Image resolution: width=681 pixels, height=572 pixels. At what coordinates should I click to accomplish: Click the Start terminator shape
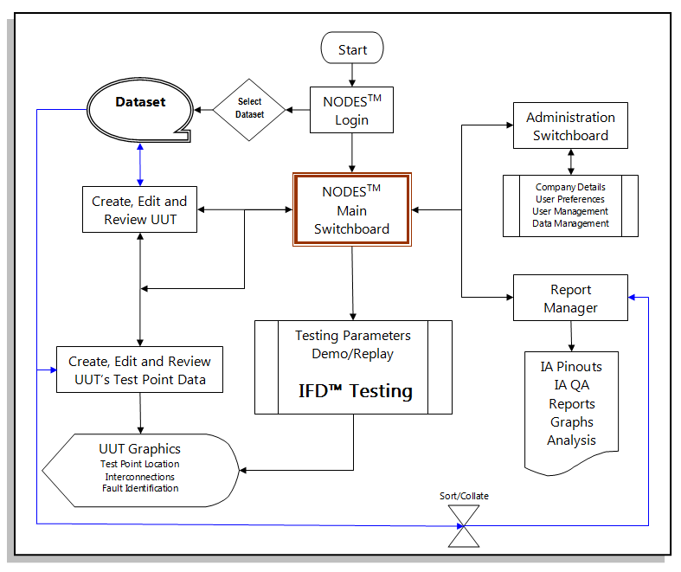pyautogui.click(x=352, y=49)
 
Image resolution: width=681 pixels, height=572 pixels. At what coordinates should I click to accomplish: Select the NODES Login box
pyautogui.click(x=351, y=110)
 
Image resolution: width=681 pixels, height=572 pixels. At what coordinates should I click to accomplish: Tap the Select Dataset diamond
pyautogui.click(x=250, y=109)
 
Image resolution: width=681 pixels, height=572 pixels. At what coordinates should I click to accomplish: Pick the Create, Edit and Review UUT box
pyautogui.click(x=139, y=209)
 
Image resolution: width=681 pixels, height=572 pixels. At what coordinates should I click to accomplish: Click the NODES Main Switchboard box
pyautogui.click(x=351, y=210)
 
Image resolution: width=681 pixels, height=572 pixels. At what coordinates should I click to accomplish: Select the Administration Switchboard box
pyautogui.click(x=570, y=126)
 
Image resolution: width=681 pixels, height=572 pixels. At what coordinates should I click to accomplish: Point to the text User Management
pyautogui.click(x=570, y=211)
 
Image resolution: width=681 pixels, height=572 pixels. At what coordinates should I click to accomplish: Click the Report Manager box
pyautogui.click(x=570, y=299)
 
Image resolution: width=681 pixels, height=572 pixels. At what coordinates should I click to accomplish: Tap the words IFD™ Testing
pyautogui.click(x=356, y=390)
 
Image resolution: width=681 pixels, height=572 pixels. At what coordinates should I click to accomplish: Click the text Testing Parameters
pyautogui.click(x=353, y=335)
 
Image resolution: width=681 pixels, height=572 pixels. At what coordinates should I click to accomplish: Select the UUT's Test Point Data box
pyautogui.click(x=139, y=370)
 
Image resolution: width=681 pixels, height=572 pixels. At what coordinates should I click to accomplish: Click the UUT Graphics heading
pyautogui.click(x=140, y=449)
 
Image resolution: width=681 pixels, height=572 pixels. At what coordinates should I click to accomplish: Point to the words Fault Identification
pyautogui.click(x=140, y=488)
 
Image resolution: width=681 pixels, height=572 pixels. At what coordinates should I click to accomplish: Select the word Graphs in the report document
pyautogui.click(x=571, y=421)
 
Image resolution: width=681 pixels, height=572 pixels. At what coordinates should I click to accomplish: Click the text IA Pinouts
pyautogui.click(x=571, y=366)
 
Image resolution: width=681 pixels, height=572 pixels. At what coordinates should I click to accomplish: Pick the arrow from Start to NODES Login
pyautogui.click(x=352, y=74)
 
